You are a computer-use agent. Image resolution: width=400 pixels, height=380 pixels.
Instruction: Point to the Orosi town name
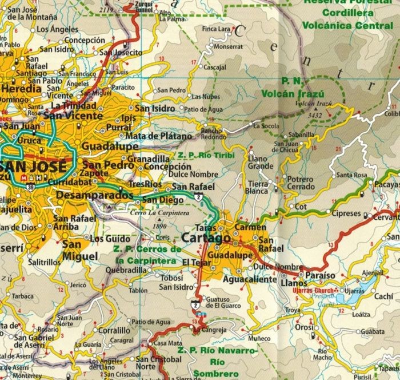pyautogui.click(x=305, y=328)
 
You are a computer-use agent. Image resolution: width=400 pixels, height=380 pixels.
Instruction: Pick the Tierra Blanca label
pyautogui.click(x=258, y=187)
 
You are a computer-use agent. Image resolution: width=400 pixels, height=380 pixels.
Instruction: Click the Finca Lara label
pyautogui.click(x=216, y=28)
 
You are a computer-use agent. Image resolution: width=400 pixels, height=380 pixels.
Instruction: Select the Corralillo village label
pyautogui.click(x=114, y=330)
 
